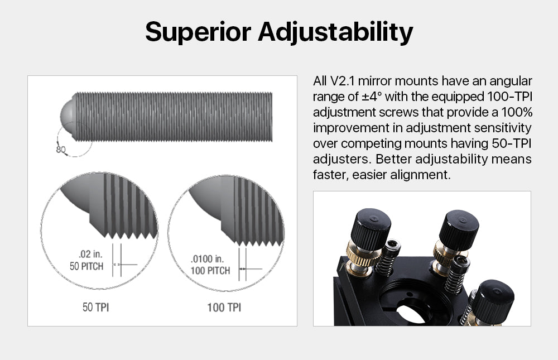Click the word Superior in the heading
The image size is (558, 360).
[198, 32]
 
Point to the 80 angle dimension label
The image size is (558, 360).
[61, 149]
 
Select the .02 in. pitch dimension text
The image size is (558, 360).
[90, 255]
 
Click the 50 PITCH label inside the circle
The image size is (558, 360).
[86, 266]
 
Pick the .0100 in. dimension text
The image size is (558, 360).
[206, 258]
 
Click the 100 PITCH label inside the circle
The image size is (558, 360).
[210, 271]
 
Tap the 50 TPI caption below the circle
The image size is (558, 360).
[96, 307]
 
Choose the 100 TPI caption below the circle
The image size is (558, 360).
[224, 307]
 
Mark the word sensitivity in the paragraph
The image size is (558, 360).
[503, 128]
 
